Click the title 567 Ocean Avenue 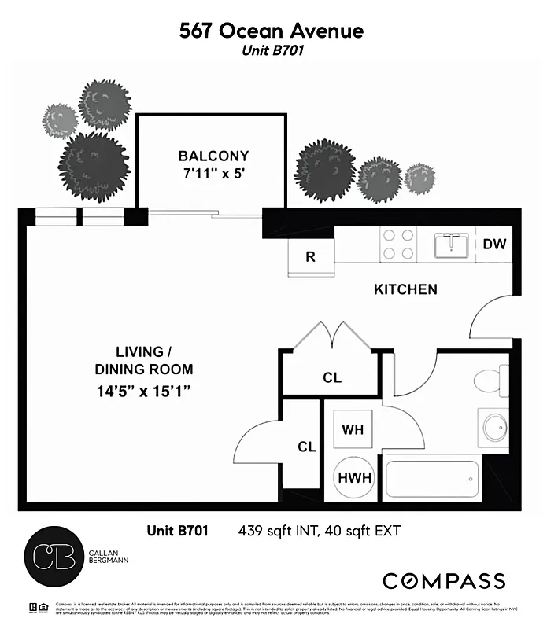(x=272, y=31)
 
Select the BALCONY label (x=213, y=156)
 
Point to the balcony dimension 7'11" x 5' (x=213, y=173)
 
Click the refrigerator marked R (x=311, y=256)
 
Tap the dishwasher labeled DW (x=494, y=244)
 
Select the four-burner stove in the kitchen (x=398, y=244)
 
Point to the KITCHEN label (x=405, y=289)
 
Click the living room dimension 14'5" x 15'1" (x=144, y=390)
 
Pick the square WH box (x=351, y=430)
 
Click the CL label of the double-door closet (x=332, y=378)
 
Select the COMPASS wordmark (x=444, y=581)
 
